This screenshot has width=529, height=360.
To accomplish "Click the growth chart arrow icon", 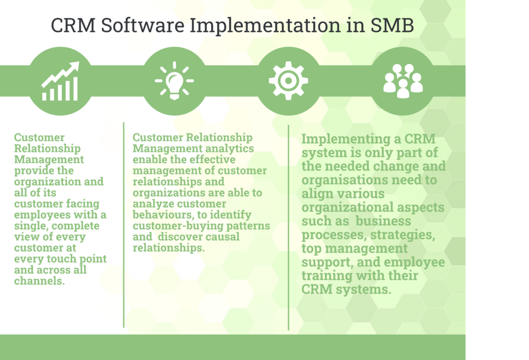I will (60, 82).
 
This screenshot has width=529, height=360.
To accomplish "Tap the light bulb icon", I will (174, 81).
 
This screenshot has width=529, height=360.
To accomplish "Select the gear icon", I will (288, 81).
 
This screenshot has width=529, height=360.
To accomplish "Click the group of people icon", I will (403, 80).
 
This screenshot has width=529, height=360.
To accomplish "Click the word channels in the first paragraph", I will (39, 281).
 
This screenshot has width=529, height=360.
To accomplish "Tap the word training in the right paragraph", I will (329, 276).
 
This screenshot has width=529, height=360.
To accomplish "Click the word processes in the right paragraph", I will (327, 235).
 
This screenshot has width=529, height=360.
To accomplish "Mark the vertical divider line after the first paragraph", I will (124, 225).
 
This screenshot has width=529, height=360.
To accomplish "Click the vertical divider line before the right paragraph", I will (289, 228).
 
